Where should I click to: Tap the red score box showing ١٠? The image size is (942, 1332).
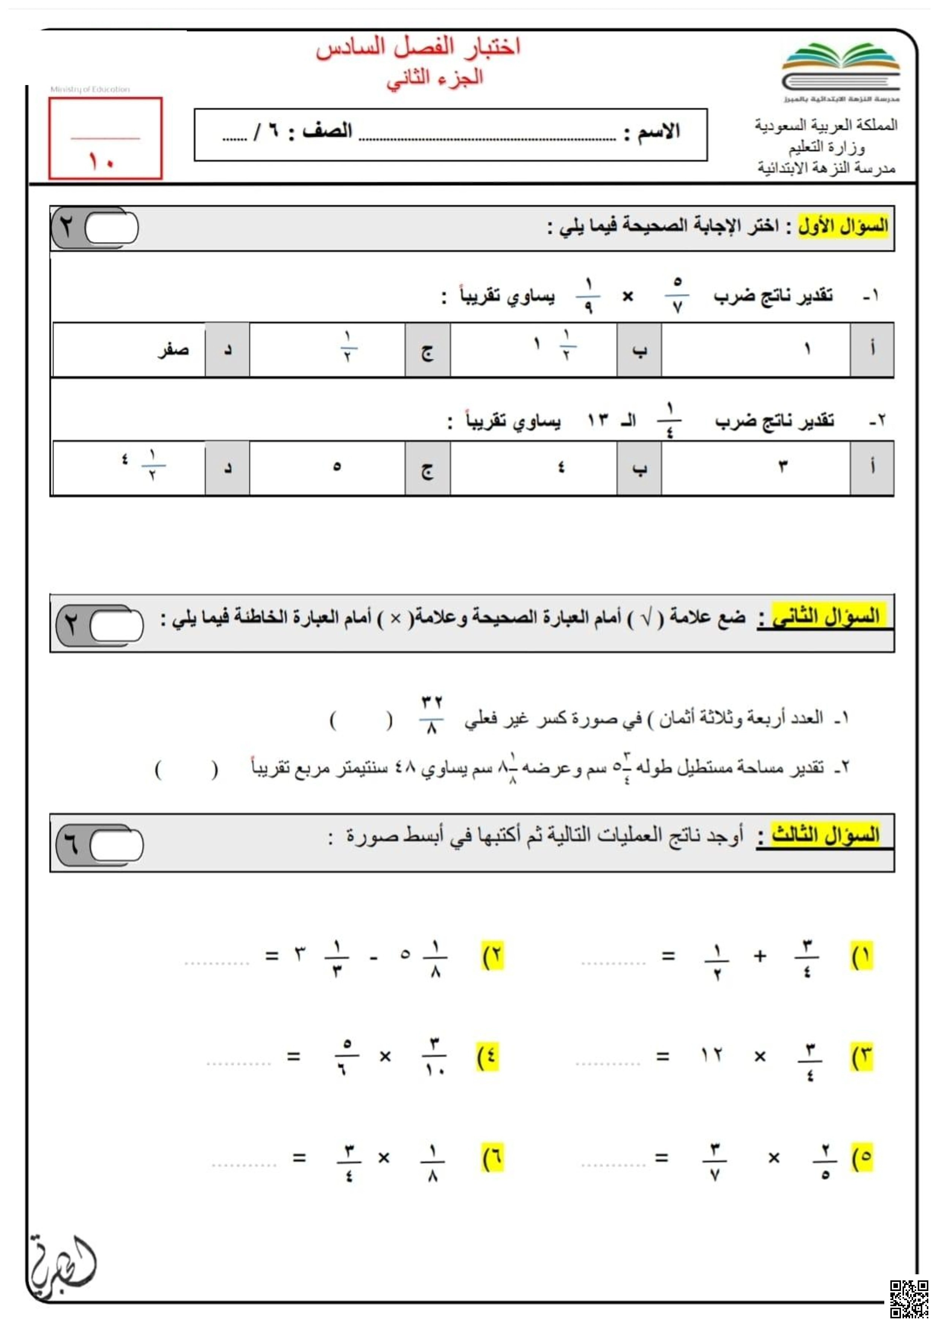pyautogui.click(x=105, y=139)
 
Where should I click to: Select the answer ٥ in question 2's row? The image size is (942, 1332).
pyautogui.click(x=337, y=467)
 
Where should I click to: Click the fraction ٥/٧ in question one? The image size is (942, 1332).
pyautogui.click(x=677, y=296)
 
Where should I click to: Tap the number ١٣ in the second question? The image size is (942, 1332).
pyautogui.click(x=598, y=420)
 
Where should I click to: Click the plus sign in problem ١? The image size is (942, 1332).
pyautogui.click(x=760, y=956)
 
